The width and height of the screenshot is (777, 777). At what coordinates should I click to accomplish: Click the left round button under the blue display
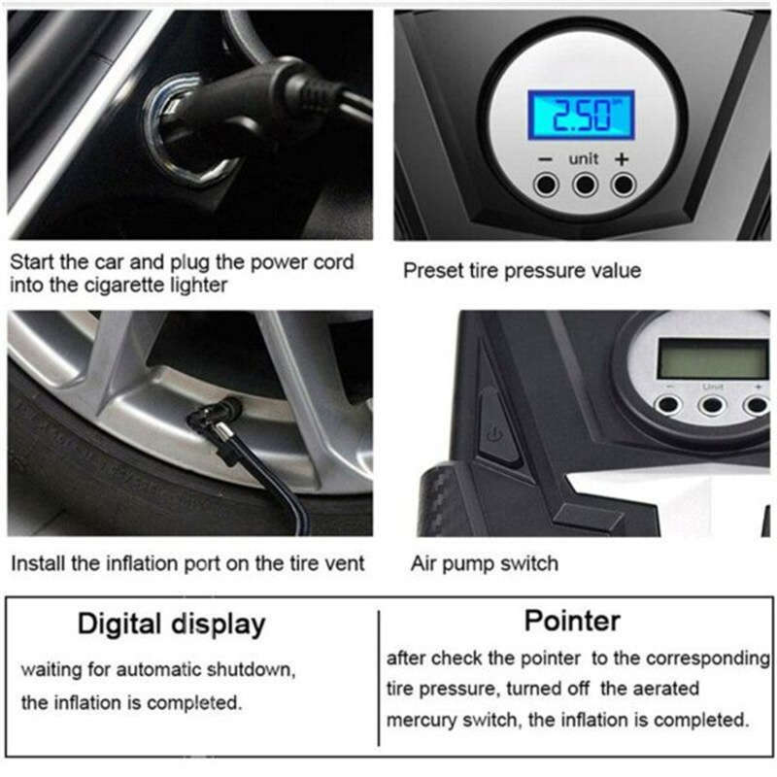tap(548, 185)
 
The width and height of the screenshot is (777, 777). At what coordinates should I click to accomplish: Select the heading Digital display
tap(171, 624)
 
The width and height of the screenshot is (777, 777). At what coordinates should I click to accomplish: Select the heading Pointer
tap(571, 619)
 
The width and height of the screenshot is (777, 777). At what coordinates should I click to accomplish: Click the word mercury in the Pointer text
tap(421, 721)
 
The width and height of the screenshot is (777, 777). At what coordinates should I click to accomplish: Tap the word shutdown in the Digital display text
tap(247, 671)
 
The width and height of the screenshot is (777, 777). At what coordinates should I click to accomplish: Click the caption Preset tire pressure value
tap(522, 270)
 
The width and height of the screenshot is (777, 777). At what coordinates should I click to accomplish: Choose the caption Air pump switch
tap(485, 563)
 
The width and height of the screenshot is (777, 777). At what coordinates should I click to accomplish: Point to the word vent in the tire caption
tap(344, 563)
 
